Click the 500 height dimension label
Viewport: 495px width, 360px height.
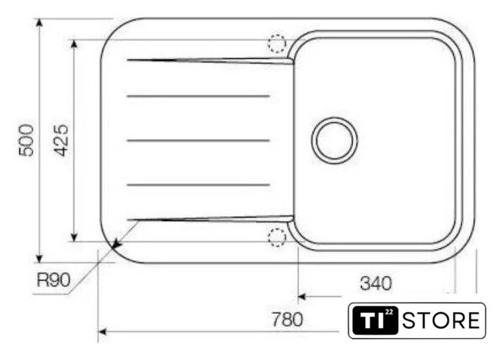26,140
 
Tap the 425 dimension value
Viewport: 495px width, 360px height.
61,140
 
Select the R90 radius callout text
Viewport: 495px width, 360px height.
53,279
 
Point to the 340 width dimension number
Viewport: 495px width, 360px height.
376,283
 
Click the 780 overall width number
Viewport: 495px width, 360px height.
287,320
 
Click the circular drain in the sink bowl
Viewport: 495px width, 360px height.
335,140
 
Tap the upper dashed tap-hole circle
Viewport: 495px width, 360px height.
277,44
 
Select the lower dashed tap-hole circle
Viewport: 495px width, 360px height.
277,237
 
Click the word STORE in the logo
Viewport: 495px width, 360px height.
441,320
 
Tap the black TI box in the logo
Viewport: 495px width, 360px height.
375,320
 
